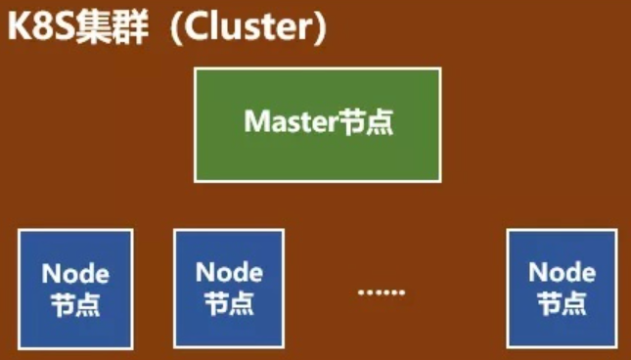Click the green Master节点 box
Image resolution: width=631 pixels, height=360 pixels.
318,125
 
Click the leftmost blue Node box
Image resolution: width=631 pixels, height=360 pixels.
75,290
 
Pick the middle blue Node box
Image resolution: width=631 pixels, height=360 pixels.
229,289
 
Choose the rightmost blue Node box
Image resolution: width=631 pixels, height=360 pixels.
563,289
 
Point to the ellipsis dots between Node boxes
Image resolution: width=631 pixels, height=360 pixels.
382,292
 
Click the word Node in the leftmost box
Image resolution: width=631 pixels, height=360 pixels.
75,274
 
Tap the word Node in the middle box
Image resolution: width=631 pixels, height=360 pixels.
229,272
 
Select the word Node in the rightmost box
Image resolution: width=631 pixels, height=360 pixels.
563,272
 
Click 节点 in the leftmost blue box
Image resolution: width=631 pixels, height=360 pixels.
75,304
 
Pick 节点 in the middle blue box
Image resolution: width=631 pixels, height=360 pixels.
229,303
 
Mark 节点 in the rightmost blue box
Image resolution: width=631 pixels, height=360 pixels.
563,303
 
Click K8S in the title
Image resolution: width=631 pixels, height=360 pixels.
41,27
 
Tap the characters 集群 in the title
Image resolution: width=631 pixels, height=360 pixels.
112,27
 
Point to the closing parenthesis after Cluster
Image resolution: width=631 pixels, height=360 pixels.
319,28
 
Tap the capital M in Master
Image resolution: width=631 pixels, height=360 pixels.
256,121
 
